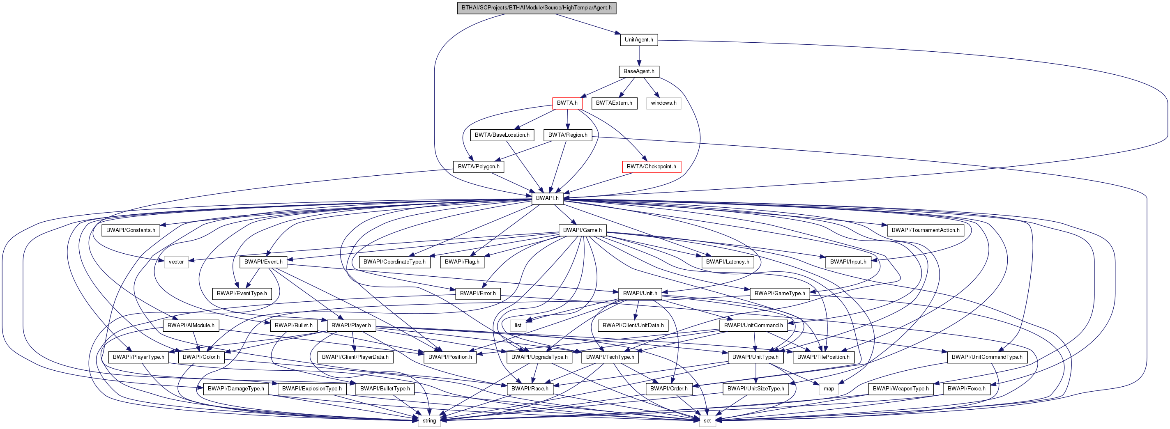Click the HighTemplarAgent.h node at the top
[537, 8]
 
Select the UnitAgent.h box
[638, 39]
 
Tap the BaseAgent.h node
[638, 71]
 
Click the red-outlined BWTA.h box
[567, 103]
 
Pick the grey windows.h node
[663, 103]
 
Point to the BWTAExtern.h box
[614, 103]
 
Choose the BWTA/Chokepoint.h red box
[651, 167]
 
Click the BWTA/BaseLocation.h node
[502, 135]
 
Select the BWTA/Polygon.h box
[478, 167]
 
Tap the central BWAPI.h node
[547, 198]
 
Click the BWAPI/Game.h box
[582, 230]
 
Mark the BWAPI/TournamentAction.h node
[925, 230]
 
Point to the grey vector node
[176, 262]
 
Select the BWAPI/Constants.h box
[130, 230]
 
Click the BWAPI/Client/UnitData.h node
[633, 326]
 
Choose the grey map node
[829, 389]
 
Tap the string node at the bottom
[429, 420]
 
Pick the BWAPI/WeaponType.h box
[900, 389]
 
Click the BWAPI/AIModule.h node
[191, 326]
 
